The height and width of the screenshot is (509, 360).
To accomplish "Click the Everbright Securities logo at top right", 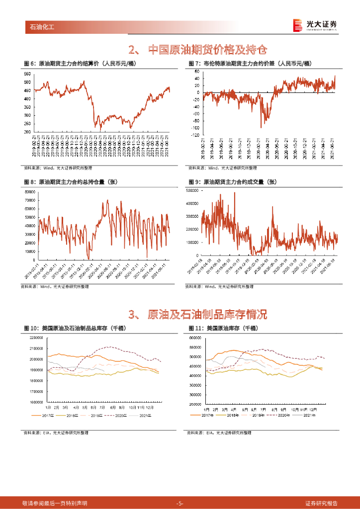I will pyautogui.click(x=314, y=26).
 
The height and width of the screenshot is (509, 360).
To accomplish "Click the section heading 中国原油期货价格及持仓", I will pyautogui.click(x=197, y=50).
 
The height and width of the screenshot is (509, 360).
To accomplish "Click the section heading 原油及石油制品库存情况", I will pyautogui.click(x=197, y=314).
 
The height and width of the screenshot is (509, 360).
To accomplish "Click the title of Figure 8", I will pyautogui.click(x=77, y=182).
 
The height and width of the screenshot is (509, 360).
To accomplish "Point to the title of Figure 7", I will pyautogui.click(x=250, y=63).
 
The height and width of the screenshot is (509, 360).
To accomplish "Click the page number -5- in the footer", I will pyautogui.click(x=180, y=503).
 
